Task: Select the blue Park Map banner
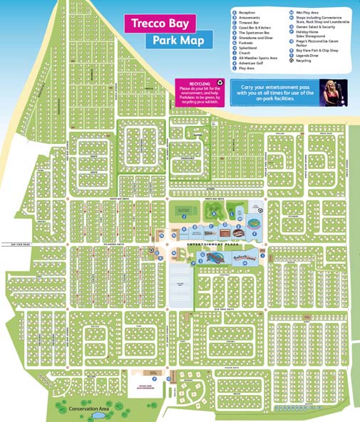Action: pos(179,40)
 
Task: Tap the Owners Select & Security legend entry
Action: pos(318,28)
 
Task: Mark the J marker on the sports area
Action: pos(184,215)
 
